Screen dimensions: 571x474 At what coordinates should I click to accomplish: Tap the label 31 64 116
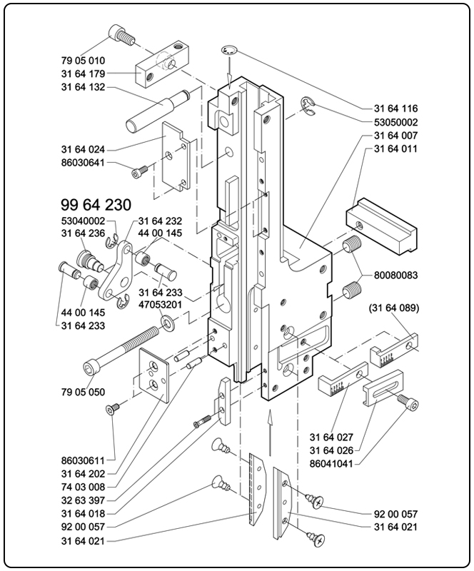pyautogui.click(x=395, y=108)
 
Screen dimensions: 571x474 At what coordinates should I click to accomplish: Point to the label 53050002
pyautogui.click(x=395, y=122)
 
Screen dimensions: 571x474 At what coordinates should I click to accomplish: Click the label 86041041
pyautogui.click(x=332, y=463)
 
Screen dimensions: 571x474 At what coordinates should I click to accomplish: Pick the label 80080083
pyautogui.click(x=395, y=275)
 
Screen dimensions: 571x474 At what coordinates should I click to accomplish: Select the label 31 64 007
pyautogui.click(x=395, y=136)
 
